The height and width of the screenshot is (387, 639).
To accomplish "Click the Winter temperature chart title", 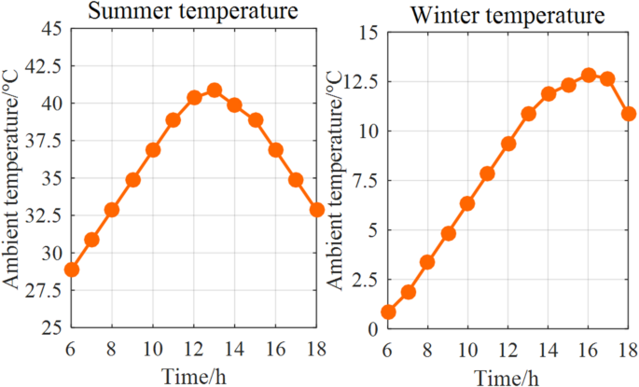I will pos(501,16).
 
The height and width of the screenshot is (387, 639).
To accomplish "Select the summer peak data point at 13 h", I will pos(215,90).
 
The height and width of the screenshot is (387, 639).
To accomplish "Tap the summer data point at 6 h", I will pos(71,270).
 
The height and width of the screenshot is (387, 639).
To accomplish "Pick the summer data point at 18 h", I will pos(316,210).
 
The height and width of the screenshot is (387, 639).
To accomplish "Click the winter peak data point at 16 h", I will pos(588,75).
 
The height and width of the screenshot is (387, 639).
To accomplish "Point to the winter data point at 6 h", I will pos(388,312).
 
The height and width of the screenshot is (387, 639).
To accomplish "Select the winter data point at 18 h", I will pos(629,114).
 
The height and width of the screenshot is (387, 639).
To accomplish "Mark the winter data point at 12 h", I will pos(508,144).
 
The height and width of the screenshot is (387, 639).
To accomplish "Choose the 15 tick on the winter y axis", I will pos(367,33).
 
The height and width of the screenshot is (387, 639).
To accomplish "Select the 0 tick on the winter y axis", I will pos(371,329).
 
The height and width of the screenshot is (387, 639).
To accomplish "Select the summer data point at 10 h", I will pos(153,150).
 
